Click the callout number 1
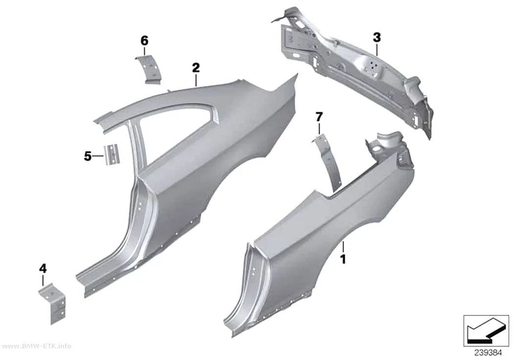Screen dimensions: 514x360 (343, 259)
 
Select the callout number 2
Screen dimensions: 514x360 (196, 68)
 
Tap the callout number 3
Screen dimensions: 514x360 (377, 38)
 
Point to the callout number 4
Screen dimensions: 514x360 (43, 269)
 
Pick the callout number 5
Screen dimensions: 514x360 (88, 156)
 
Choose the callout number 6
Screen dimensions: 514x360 (144, 41)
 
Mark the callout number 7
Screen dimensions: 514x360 (319, 117)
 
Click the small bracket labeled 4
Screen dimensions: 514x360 (53, 303)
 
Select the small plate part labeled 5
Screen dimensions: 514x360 (112, 154)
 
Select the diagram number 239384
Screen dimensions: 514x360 (488, 353)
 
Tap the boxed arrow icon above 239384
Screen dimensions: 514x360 (486, 331)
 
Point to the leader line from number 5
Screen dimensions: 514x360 (98, 156)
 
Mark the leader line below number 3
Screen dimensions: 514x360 (377, 49)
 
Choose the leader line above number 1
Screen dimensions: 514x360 (343, 247)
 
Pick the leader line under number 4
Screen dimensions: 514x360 (43, 280)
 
